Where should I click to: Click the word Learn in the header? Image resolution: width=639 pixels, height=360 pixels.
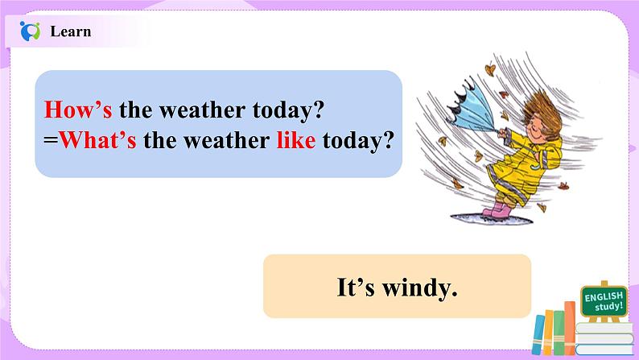[x=71, y=31]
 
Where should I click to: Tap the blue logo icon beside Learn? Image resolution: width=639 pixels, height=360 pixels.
[x=30, y=31]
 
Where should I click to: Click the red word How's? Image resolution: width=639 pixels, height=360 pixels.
[x=78, y=110]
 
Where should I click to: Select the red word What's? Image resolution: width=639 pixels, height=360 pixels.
[x=98, y=140]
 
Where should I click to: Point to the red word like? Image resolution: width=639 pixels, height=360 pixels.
[x=296, y=140]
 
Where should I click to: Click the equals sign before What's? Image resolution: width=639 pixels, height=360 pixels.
[x=51, y=141]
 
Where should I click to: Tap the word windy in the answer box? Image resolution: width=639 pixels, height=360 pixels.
[x=420, y=288]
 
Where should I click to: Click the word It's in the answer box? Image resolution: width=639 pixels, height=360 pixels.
[x=356, y=287]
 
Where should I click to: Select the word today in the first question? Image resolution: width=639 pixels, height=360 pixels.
[x=288, y=110]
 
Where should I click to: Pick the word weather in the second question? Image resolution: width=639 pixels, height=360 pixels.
[x=226, y=141]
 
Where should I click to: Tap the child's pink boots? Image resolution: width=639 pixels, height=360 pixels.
[x=497, y=209]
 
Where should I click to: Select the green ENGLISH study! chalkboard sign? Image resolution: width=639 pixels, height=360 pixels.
[x=604, y=301]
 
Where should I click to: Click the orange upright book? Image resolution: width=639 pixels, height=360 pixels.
[x=569, y=328]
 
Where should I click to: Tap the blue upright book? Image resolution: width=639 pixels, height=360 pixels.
[x=538, y=334]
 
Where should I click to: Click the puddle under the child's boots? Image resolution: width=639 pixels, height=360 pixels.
[x=491, y=218]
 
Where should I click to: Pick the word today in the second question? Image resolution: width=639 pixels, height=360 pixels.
[x=358, y=141]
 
